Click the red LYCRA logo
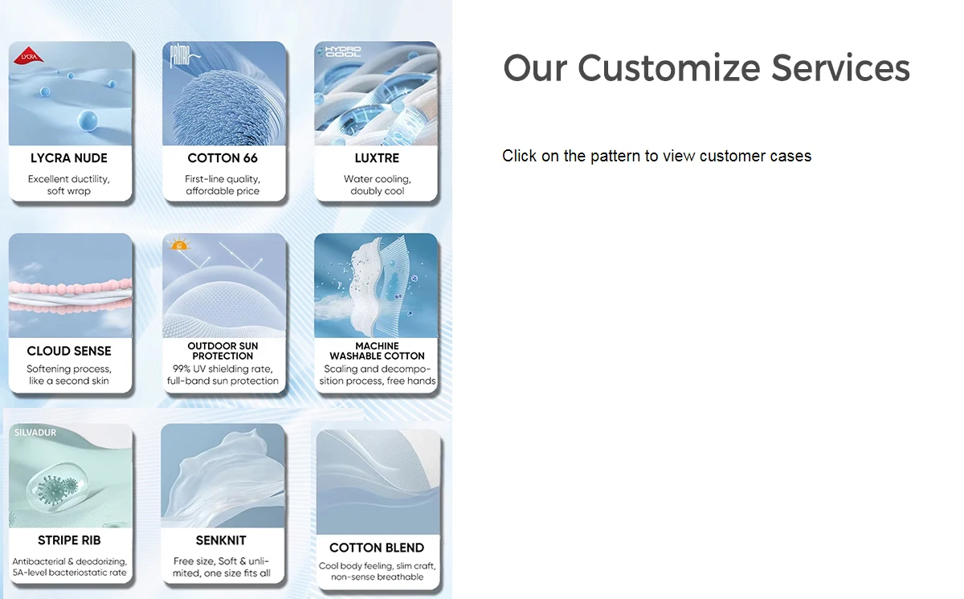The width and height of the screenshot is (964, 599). click(28, 55)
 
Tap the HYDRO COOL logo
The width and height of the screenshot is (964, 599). click(342, 51)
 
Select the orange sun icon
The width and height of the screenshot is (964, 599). click(179, 244)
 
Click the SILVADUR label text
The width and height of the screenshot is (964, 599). click(35, 433)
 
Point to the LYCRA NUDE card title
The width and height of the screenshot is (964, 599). click(69, 158)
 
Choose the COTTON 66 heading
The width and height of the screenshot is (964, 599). click(223, 158)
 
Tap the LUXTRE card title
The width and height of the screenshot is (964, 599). click(377, 158)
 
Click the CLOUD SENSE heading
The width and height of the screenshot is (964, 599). click(69, 351)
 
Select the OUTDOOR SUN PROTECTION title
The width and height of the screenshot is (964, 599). click(223, 351)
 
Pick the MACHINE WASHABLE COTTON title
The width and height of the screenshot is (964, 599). click(377, 351)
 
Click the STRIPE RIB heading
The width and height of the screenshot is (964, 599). click(69, 540)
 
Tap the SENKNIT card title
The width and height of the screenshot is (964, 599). click(221, 540)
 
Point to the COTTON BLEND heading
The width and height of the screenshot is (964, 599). click(377, 548)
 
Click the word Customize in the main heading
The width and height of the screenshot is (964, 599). click(668, 68)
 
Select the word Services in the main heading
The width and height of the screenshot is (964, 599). click(840, 68)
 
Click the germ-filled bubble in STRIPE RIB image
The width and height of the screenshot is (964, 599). click(56, 487)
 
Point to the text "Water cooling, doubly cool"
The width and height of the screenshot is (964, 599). click(377, 185)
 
